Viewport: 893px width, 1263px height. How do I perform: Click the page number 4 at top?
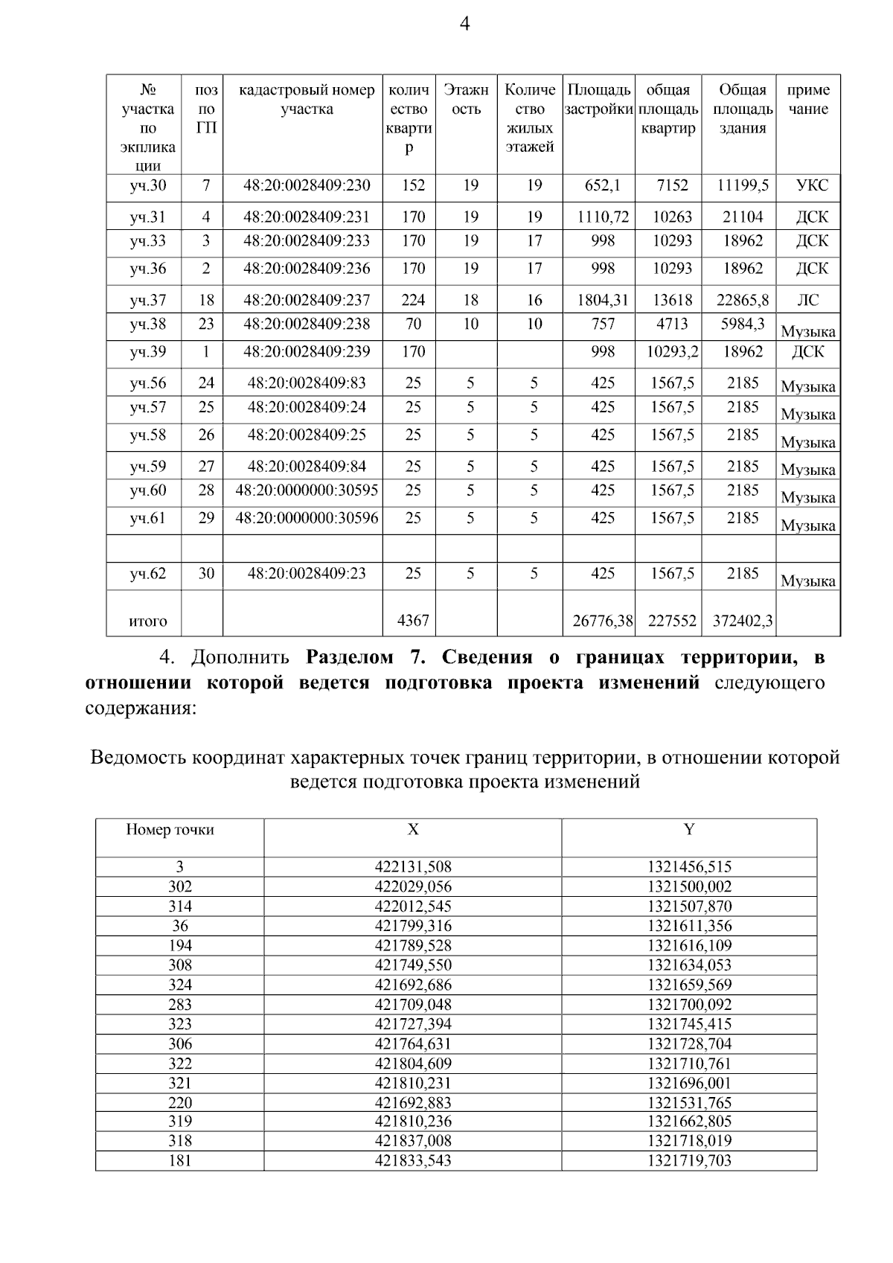[464, 25]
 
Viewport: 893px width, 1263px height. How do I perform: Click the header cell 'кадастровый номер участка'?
[307, 100]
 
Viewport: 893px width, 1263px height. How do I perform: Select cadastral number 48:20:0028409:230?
[307, 185]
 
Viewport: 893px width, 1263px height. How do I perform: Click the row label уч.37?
[148, 300]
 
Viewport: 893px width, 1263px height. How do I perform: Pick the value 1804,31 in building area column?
[603, 300]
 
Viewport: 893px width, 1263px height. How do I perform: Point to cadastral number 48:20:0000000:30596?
[307, 518]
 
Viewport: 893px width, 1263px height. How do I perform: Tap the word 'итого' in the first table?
[148, 621]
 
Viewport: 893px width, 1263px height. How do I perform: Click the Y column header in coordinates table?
[689, 830]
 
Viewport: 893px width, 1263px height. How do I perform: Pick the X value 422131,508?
[413, 867]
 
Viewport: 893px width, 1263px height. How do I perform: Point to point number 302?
[180, 886]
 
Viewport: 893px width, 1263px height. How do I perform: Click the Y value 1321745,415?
[689, 1024]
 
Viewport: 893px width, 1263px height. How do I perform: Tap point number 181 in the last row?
[180, 1161]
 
